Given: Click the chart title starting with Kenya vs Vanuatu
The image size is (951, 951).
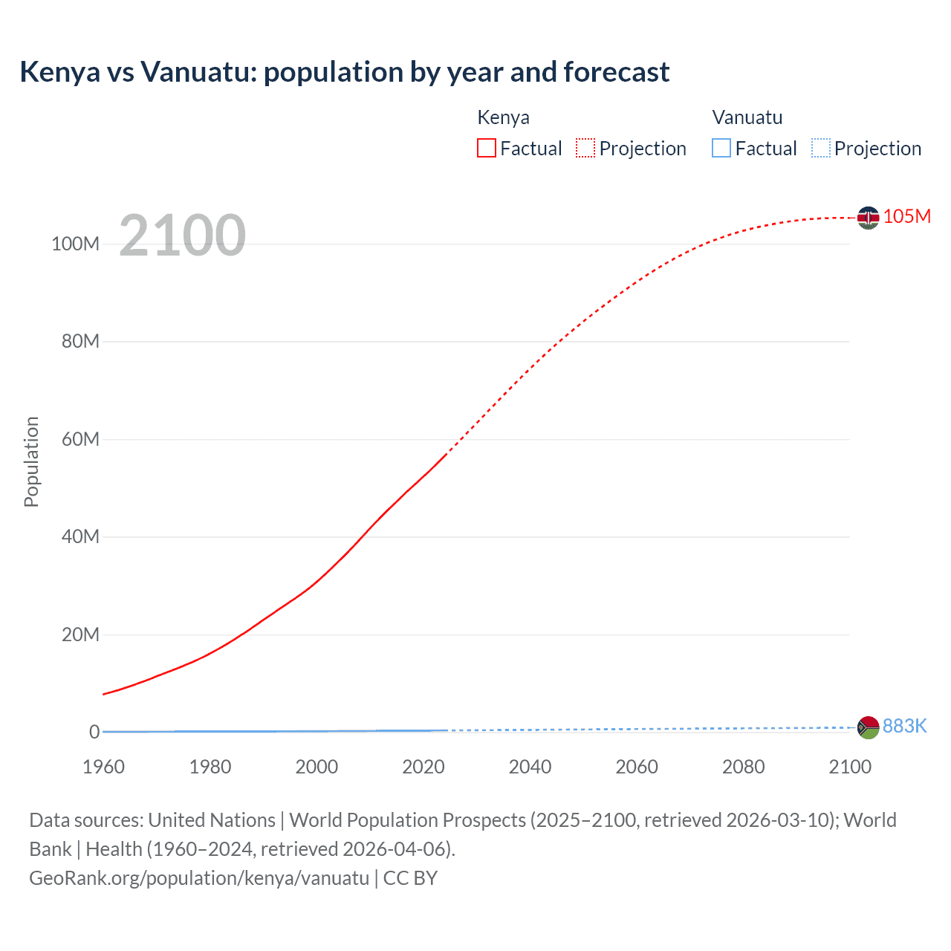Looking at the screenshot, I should pos(345,72).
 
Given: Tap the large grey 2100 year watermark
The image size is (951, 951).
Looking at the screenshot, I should pos(182,236).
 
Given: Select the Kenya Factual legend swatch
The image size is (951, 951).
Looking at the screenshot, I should pos(487,149).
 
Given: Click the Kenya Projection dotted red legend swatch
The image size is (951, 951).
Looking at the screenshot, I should pos(585,149).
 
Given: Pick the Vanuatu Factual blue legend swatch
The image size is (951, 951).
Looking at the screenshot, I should pos(721,149).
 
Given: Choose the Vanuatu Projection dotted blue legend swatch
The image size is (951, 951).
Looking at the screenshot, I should pos(821,149).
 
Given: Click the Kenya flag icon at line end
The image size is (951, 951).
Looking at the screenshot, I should pos(868,218).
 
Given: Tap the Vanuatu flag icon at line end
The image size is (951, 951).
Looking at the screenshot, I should pos(868,727).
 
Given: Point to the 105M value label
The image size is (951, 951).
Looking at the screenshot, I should pos(906,216).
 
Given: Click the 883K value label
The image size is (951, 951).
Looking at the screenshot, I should pos(904,726).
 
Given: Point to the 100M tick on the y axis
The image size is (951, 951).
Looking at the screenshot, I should pos(75,244).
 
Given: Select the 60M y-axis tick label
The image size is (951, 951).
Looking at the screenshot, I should pos(80,439).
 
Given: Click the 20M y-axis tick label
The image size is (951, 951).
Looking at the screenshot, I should pos(80,634).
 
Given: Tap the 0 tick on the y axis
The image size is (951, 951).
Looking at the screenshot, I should pos(94,732).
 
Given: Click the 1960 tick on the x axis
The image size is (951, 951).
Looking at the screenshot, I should pos(103,767).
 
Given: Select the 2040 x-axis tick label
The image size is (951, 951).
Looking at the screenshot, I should pos(530,767).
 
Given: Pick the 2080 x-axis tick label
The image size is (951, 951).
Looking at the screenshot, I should pos(743,767).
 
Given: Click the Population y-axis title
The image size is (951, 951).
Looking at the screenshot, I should pos(31,461).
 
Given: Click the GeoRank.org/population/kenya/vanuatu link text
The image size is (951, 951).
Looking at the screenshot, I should pos(199,878).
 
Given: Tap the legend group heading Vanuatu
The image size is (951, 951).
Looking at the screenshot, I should pos(747,117).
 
